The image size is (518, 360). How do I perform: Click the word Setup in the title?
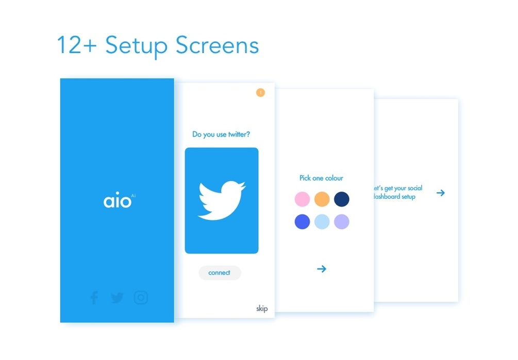(x=136, y=45)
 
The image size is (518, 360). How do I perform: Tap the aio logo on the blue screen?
(x=118, y=200)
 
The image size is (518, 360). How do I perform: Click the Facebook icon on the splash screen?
(x=94, y=298)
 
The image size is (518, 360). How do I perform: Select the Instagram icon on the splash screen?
(x=141, y=298)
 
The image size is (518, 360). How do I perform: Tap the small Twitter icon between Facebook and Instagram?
(x=117, y=298)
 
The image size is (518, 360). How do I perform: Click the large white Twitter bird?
(x=221, y=200)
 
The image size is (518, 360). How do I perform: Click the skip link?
(x=262, y=309)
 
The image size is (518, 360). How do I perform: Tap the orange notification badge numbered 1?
(x=260, y=93)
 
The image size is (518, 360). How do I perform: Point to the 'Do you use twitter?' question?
(x=221, y=134)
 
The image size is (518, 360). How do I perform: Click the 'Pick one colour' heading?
(x=321, y=178)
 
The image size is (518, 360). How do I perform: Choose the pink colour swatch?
(x=302, y=199)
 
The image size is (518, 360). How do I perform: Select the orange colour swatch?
(x=322, y=199)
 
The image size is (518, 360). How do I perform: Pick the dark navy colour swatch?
(x=341, y=199)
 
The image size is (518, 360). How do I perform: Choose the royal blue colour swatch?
(x=302, y=222)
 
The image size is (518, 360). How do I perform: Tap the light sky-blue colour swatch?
(x=322, y=222)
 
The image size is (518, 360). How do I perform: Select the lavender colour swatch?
(x=341, y=222)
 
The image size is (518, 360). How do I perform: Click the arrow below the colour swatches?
(x=322, y=269)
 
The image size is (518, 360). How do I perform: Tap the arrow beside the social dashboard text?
(x=440, y=193)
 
